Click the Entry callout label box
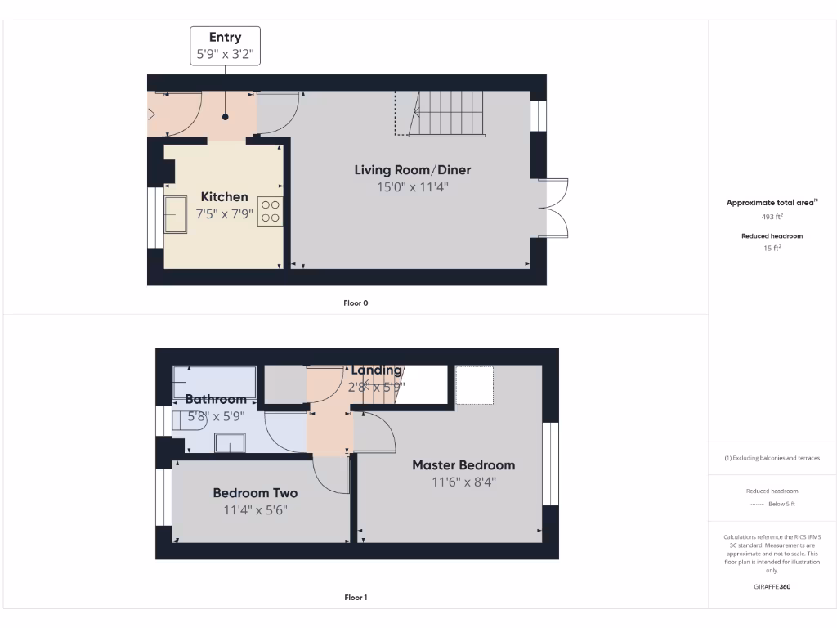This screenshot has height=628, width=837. point(225,47)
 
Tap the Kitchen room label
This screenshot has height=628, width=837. point(224,197)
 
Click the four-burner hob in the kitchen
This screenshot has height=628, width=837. point(271,212)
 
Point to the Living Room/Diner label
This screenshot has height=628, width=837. point(412,170)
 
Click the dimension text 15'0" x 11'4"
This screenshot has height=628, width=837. point(412,187)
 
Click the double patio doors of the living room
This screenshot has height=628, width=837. point(553,209)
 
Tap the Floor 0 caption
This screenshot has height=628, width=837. point(356,303)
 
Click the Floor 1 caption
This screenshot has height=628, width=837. point(356,598)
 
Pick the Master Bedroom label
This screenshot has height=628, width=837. point(463,465)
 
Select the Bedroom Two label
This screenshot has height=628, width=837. point(255,493)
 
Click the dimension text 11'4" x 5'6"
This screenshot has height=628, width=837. point(255,510)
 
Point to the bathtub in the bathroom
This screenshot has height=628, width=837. point(215,382)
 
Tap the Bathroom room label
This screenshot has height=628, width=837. point(215,400)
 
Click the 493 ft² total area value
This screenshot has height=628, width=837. point(772,218)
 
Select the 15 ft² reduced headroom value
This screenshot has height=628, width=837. point(772,248)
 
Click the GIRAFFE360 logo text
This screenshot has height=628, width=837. point(772,586)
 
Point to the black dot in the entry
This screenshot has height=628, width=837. point(225,117)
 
